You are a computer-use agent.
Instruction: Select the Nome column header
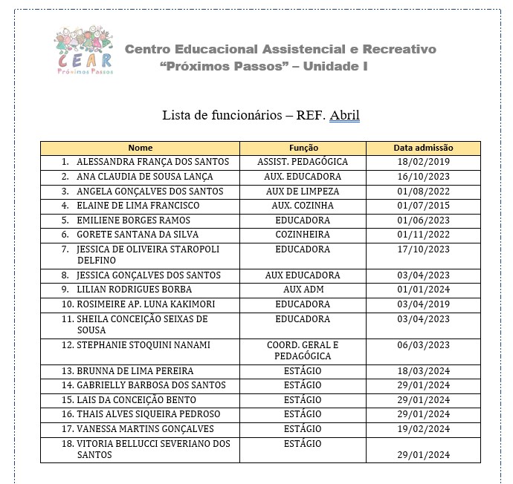coord(140,148)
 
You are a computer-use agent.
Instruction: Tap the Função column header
coord(303,148)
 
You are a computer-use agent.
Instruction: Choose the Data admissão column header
coord(423,148)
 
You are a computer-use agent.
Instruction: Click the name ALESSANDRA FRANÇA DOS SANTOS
coord(152,162)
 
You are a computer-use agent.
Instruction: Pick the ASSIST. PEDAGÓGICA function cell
coord(303,162)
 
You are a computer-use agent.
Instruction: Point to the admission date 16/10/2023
coord(423,177)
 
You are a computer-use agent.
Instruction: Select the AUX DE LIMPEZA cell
coord(303,192)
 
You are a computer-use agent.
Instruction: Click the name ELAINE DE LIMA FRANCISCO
coord(138,206)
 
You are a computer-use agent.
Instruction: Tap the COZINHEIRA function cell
coord(303,235)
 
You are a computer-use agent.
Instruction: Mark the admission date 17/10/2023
coord(423,249)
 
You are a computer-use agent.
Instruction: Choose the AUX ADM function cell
coord(303,289)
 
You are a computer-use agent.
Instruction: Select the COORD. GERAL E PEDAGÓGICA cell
coord(303,350)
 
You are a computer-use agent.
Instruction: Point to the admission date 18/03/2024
coord(423,370)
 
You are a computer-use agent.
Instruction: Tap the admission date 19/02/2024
coord(423,429)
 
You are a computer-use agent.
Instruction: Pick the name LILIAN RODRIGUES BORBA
coord(134,289)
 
